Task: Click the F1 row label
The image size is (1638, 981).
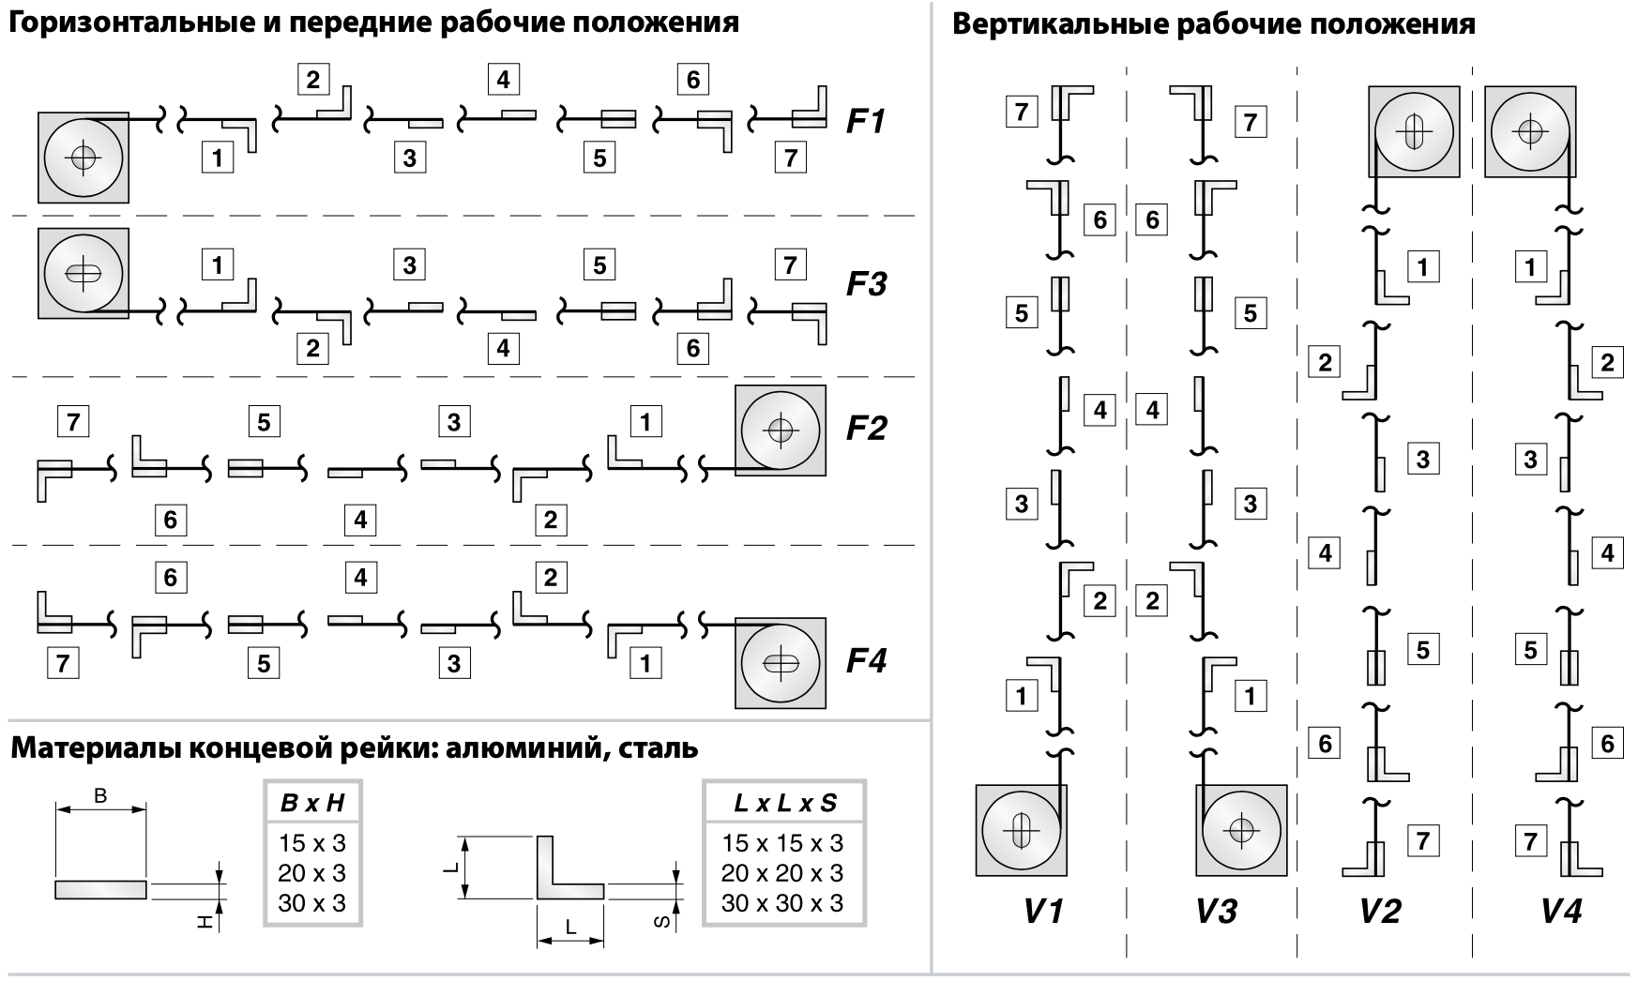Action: pyautogui.click(x=865, y=122)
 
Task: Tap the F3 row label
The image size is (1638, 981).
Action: pyautogui.click(x=865, y=283)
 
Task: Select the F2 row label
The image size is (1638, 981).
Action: pyautogui.click(x=865, y=429)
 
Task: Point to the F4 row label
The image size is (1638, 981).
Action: pyautogui.click(x=865, y=661)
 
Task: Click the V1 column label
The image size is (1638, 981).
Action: pyautogui.click(x=1042, y=911)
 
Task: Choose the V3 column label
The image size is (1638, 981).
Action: pyautogui.click(x=1216, y=911)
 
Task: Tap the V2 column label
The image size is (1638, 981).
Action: pyautogui.click(x=1380, y=911)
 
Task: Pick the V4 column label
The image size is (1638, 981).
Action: pyautogui.click(x=1560, y=911)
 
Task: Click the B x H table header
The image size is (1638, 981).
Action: pyautogui.click(x=312, y=803)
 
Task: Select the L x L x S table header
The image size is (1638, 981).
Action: pyautogui.click(x=784, y=803)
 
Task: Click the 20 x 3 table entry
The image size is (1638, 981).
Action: pyautogui.click(x=312, y=873)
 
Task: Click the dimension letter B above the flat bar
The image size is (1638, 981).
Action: pyautogui.click(x=100, y=797)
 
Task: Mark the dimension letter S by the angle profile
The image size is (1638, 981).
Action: pyautogui.click(x=660, y=923)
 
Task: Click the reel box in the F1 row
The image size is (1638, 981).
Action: pyautogui.click(x=83, y=158)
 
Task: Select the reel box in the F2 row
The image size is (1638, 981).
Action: pyautogui.click(x=781, y=430)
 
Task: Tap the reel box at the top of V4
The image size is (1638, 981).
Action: pyautogui.click(x=1530, y=131)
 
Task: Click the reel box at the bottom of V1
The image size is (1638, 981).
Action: pyautogui.click(x=1021, y=830)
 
